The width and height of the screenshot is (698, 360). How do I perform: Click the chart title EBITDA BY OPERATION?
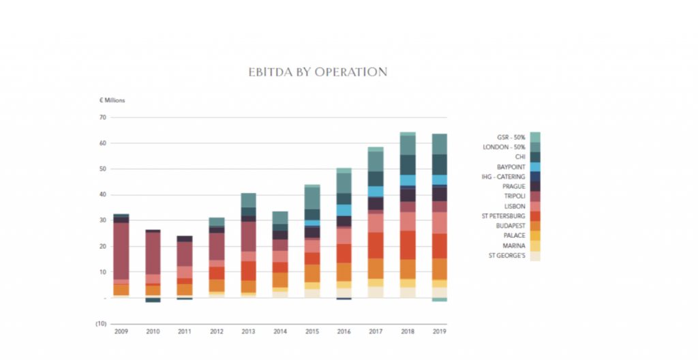point(318,72)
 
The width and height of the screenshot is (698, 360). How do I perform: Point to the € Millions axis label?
point(112,100)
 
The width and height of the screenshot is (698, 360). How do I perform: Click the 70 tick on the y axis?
point(103,117)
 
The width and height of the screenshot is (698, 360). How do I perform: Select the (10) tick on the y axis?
point(101,323)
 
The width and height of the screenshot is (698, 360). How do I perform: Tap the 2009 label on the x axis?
point(121,332)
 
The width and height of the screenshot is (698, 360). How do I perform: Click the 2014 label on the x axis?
point(280,332)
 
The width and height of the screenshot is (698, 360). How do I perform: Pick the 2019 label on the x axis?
point(440,332)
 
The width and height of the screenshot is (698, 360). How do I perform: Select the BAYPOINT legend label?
point(511,167)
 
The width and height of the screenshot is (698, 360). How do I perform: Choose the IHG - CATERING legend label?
point(502,177)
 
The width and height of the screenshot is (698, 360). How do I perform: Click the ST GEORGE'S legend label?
point(507,256)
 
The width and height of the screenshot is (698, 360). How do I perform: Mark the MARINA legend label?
point(514,245)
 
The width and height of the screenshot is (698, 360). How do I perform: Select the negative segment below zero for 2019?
point(440,299)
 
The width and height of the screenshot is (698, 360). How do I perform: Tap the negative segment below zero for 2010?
point(153,300)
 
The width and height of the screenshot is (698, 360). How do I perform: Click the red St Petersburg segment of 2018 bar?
point(408,245)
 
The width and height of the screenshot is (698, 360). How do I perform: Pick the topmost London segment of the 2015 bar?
point(312,198)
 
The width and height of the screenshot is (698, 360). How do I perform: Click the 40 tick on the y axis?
point(103,194)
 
